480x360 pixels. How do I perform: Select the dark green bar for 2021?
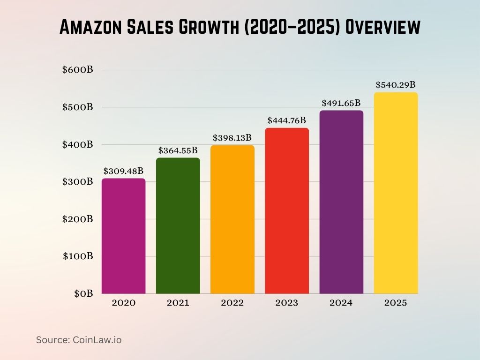(x=178, y=225)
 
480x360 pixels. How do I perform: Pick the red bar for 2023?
(x=286, y=210)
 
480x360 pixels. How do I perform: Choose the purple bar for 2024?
(x=341, y=202)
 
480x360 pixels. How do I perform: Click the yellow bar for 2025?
(x=396, y=193)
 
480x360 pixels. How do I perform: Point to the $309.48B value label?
(x=123, y=171)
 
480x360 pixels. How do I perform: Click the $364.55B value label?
(x=178, y=150)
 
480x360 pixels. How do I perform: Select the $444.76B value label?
(x=286, y=120)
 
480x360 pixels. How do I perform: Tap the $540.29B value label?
(x=396, y=85)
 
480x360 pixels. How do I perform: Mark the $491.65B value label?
(x=341, y=103)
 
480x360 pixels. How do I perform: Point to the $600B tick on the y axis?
(x=78, y=70)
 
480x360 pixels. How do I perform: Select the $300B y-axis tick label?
(x=78, y=182)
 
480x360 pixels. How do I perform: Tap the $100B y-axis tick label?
(x=78, y=256)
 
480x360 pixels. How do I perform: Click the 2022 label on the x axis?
(x=232, y=303)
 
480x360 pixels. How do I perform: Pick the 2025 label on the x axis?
(x=396, y=303)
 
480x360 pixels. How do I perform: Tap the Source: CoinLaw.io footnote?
(x=79, y=340)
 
